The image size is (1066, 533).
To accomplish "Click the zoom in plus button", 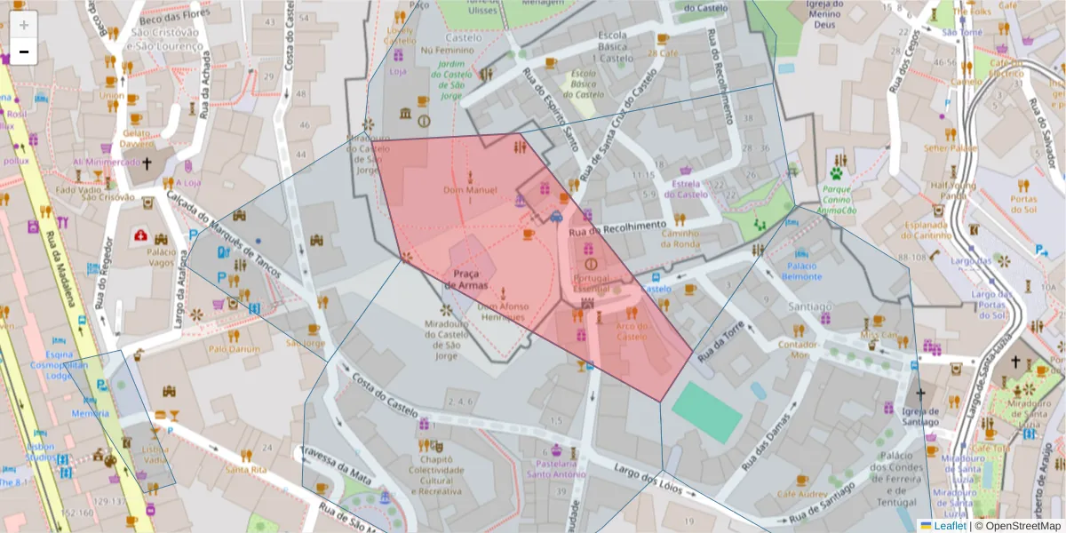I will click(24, 25).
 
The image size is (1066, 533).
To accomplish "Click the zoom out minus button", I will click(24, 52).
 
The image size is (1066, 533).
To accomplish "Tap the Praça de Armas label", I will click(466, 279).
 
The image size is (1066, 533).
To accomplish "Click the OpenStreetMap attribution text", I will click(1018, 526).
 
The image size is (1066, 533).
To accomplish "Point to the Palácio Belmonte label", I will click(801, 271).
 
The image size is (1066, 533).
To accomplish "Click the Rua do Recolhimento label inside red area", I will click(616, 228).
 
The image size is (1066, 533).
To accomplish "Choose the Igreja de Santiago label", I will click(920, 417).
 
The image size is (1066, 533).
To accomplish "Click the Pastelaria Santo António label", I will click(556, 468).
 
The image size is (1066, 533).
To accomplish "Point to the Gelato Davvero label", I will click(137, 138).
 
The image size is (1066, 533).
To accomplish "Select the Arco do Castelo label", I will click(632, 330).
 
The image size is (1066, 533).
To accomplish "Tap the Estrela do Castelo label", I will click(686, 188).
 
